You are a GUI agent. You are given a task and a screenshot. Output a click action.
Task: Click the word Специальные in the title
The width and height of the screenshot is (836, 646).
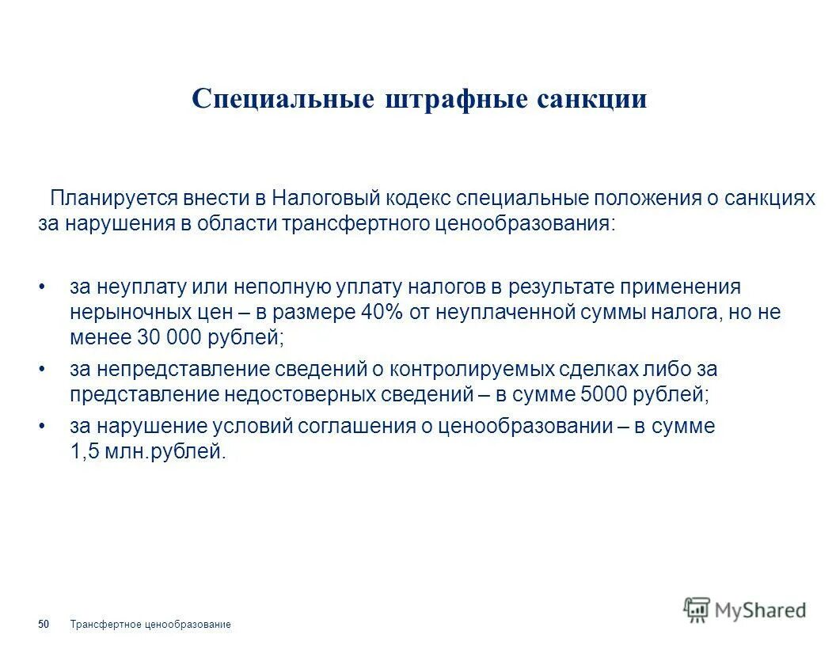point(283,99)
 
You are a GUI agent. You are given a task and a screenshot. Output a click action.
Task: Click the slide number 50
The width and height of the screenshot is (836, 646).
point(44,625)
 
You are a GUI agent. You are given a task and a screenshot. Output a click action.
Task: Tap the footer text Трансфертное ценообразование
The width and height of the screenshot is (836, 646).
point(150,625)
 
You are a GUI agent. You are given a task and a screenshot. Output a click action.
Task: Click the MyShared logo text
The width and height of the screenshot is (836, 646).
point(760,610)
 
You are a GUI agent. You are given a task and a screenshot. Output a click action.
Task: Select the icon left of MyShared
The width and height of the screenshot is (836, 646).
point(697,609)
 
